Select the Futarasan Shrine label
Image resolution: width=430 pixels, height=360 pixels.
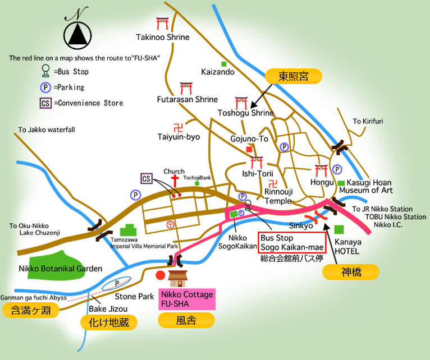[x=187, y=100]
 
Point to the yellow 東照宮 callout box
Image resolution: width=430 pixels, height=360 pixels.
[x=293, y=77]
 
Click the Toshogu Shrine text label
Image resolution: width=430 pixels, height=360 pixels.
[x=245, y=113]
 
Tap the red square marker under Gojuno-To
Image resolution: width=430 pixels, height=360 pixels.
[x=249, y=149]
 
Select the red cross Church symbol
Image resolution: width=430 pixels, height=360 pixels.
[x=175, y=181]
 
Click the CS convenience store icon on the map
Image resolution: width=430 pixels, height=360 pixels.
[x=146, y=179]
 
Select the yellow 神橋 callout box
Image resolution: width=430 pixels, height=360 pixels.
[x=351, y=272]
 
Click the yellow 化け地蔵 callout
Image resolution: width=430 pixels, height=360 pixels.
[x=109, y=322]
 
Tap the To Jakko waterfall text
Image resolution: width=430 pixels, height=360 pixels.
[x=47, y=130]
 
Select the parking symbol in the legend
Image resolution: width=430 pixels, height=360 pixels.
[x=44, y=87]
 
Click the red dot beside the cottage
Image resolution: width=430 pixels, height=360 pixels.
[x=161, y=275]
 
